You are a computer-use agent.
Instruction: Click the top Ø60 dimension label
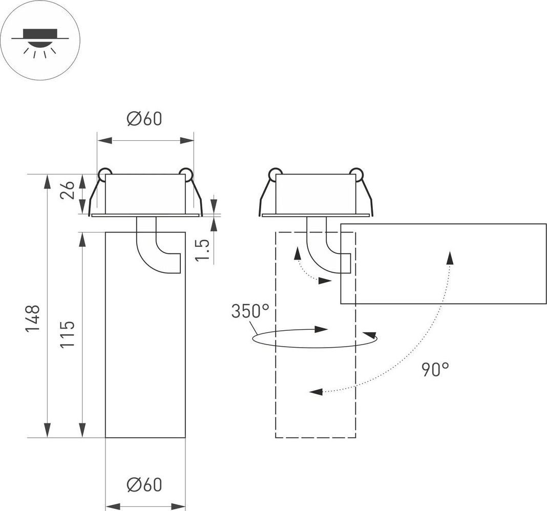coord(144,119)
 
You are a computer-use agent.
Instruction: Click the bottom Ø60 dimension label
coord(144,484)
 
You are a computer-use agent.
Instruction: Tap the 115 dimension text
coord(68,333)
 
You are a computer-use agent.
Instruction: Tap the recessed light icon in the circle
coord(40,41)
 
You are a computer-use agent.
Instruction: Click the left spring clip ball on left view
coord(105,174)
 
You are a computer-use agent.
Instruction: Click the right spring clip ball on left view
coord(186,174)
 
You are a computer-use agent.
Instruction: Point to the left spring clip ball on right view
coord(275,174)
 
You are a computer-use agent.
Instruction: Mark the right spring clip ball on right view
coord(356,174)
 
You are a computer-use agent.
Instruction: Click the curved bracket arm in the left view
coord(154,251)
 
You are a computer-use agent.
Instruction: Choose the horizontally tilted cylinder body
coord(444,264)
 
